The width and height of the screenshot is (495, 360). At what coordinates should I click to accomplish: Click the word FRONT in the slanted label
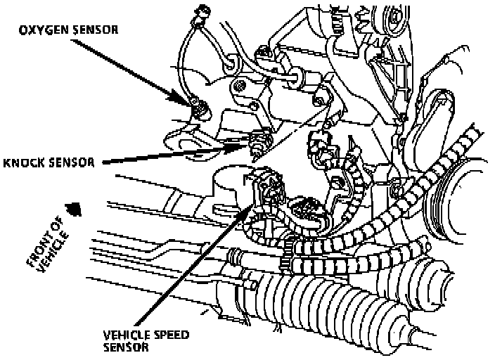coord(37,247)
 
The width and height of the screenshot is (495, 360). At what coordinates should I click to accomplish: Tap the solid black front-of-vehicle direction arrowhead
coord(70,208)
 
